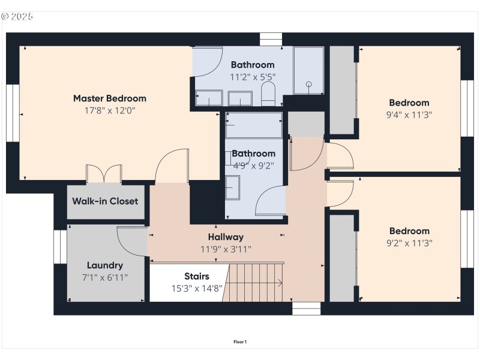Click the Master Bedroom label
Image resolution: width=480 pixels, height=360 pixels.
pyautogui.click(x=109, y=98)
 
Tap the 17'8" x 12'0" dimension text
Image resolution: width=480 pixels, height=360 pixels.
pyautogui.click(x=109, y=110)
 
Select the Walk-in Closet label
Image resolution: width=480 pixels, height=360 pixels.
pyautogui.click(x=105, y=201)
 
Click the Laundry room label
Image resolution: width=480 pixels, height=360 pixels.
pyautogui.click(x=104, y=265)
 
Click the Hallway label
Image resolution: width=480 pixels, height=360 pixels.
pyautogui.click(x=226, y=237)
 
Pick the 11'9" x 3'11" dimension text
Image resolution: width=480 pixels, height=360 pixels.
pyautogui.click(x=226, y=249)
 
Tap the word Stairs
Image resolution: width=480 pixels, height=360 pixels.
pyautogui.click(x=196, y=277)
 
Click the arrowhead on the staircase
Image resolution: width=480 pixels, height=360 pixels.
pyautogui.click(x=281, y=284)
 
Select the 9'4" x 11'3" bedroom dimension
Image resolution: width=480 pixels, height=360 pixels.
pyautogui.click(x=409, y=115)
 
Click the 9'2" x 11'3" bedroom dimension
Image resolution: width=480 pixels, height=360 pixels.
pyautogui.click(x=409, y=243)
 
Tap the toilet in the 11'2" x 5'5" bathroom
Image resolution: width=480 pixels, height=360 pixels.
pyautogui.click(x=268, y=94)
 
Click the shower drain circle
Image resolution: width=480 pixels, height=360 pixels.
pyautogui.click(x=309, y=85)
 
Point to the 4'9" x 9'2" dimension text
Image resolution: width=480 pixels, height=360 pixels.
pyautogui.click(x=253, y=166)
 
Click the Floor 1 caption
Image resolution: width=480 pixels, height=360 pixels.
pyautogui.click(x=240, y=342)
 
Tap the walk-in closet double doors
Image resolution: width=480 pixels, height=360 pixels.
pyautogui.click(x=104, y=173)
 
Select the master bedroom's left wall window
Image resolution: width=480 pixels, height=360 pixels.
pyautogui.click(x=13, y=113)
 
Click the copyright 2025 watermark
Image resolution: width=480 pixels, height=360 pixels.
pyautogui.click(x=18, y=16)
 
